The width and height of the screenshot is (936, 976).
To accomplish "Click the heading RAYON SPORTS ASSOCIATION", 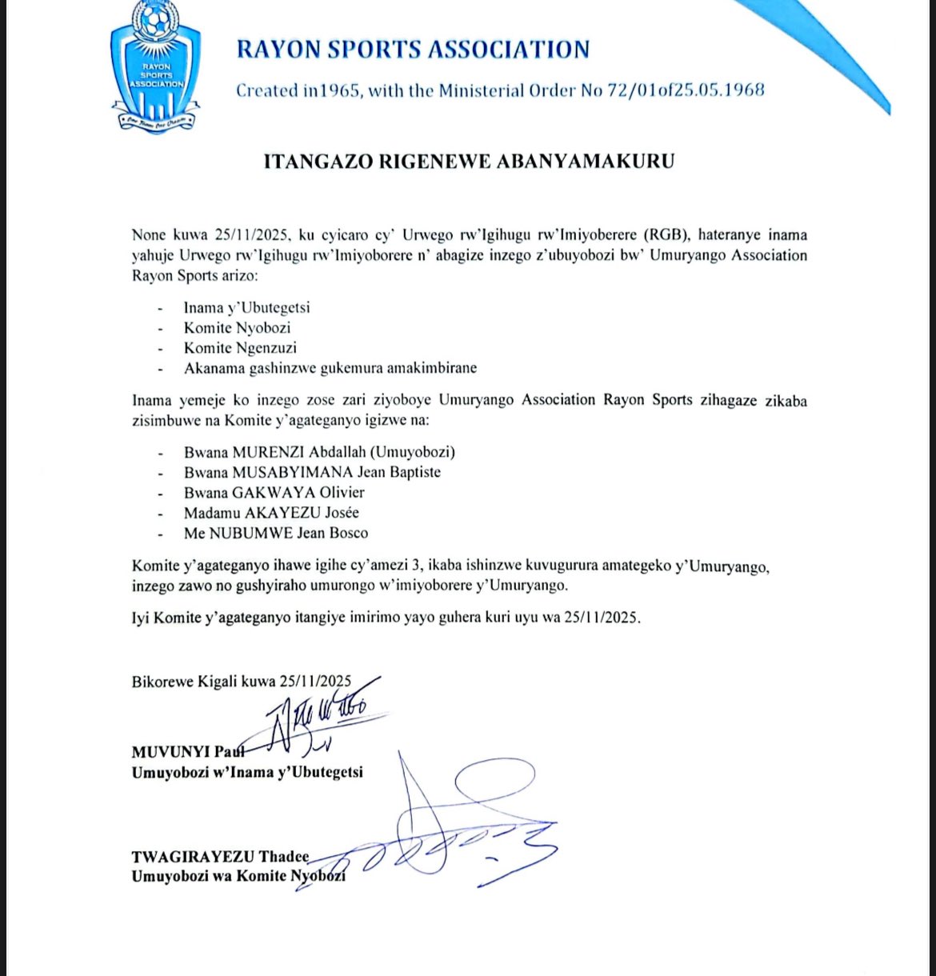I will click(413, 50).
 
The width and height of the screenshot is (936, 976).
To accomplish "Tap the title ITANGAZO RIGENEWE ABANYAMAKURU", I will click(469, 162).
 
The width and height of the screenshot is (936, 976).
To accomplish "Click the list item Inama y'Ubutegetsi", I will click(246, 307).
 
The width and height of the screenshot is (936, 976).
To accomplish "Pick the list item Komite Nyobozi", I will click(237, 328).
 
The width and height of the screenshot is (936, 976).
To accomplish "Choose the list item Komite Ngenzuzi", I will click(240, 348).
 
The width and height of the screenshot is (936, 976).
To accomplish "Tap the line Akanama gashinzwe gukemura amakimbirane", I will click(330, 369).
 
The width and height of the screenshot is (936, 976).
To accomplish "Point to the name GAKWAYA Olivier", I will click(298, 493).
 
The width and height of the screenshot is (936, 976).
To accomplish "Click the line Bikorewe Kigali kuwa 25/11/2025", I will click(241, 682).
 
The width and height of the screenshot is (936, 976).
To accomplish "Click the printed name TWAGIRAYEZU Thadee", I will click(220, 857).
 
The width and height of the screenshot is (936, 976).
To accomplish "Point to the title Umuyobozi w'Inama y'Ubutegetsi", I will click(247, 773).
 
